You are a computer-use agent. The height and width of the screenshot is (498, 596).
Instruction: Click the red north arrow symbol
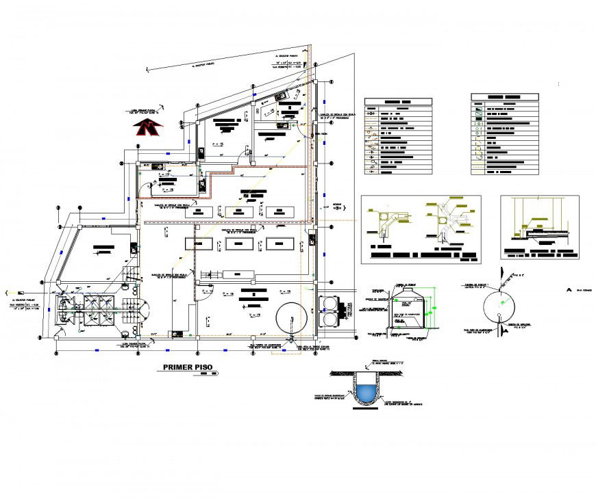[147, 127]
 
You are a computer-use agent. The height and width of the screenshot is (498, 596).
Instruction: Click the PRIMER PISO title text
[188, 367]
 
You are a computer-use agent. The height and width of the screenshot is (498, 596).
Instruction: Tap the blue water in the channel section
[368, 392]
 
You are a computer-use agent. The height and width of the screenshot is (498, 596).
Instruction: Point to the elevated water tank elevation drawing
[408, 311]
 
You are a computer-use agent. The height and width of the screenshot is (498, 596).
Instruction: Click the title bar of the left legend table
[398, 101]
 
